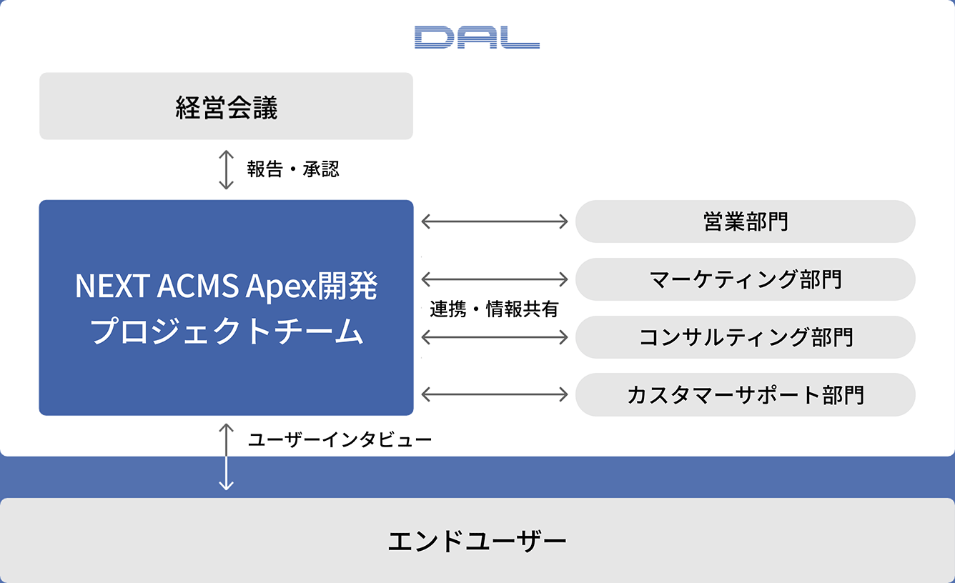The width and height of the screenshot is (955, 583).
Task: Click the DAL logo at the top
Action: (x=477, y=37)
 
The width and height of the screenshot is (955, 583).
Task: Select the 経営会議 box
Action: (x=226, y=106)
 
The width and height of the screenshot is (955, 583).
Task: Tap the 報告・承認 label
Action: (x=293, y=169)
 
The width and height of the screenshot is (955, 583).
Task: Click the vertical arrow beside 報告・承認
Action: (x=226, y=169)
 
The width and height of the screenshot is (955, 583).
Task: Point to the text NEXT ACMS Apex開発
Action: (x=226, y=285)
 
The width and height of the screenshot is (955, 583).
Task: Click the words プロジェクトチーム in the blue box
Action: (x=226, y=331)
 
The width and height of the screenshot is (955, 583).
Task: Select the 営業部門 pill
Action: (x=746, y=221)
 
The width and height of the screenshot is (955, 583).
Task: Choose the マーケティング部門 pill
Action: (x=746, y=279)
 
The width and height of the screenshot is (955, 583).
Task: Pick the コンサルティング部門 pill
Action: (x=746, y=337)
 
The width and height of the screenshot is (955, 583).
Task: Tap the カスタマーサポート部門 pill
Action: (x=746, y=394)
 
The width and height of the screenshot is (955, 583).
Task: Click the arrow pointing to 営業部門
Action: (x=495, y=221)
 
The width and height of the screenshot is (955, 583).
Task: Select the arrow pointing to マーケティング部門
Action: (x=495, y=279)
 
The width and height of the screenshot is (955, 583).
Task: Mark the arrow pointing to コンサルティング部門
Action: (x=495, y=337)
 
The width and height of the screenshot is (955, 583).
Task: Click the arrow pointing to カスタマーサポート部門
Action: (x=495, y=394)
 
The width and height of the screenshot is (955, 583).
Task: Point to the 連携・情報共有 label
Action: (x=494, y=309)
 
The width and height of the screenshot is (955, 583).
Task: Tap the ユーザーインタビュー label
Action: (x=340, y=439)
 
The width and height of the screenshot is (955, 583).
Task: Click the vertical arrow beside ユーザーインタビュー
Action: (x=226, y=457)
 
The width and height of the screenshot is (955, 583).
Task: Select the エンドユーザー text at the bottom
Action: (x=477, y=542)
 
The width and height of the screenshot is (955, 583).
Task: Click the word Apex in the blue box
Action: (x=282, y=286)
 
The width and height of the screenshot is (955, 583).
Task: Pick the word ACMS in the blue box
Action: (x=198, y=285)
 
